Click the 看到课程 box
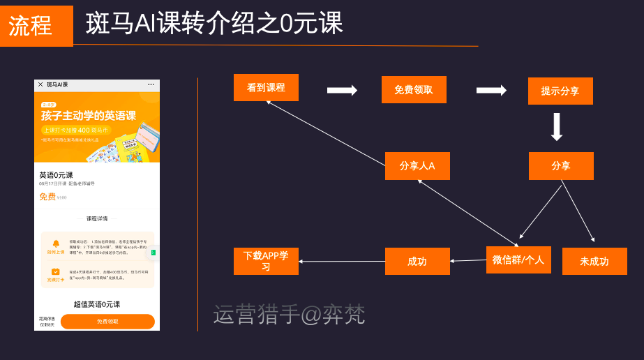click(x=266, y=88)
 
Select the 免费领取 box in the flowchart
click(x=414, y=90)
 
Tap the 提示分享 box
click(x=560, y=91)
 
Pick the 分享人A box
click(x=417, y=166)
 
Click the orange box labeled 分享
click(x=561, y=166)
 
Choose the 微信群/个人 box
click(x=518, y=260)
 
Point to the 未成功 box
click(x=594, y=262)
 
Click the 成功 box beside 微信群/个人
click(x=417, y=262)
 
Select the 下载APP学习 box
click(x=266, y=261)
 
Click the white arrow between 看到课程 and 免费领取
click(x=342, y=90)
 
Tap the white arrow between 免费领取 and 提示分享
click(x=491, y=90)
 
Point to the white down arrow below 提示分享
click(x=556, y=127)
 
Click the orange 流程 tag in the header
click(x=36, y=26)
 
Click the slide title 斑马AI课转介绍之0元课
click(x=214, y=24)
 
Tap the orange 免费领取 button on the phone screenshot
click(x=107, y=321)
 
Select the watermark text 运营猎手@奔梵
click(x=289, y=315)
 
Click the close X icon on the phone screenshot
click(x=40, y=84)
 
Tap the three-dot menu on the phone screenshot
click(x=151, y=84)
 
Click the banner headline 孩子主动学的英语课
click(x=89, y=116)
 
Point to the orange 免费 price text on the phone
click(x=47, y=197)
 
